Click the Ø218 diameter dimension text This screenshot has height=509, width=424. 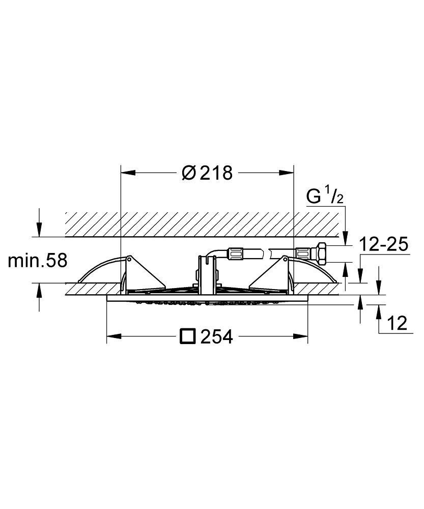click(x=207, y=173)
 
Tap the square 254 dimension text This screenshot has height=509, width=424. click(x=207, y=336)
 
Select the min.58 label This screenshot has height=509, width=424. click(x=37, y=260)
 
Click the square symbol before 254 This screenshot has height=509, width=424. click(x=188, y=336)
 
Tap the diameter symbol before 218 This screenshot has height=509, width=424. click(x=189, y=173)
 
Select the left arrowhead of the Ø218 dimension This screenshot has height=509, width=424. click(x=128, y=173)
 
